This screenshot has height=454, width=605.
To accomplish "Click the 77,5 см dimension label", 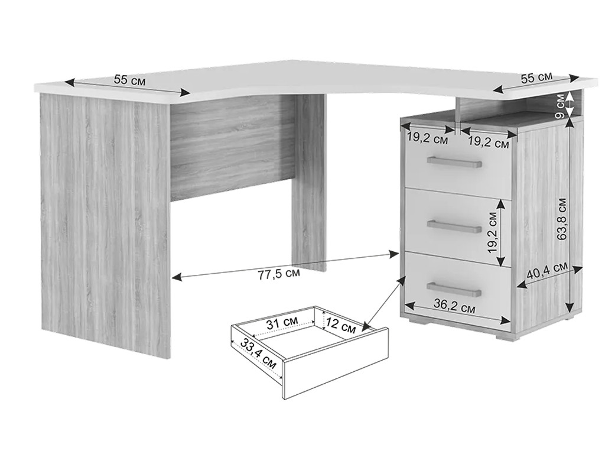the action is pos(278,274).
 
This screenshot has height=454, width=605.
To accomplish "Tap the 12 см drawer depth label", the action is pos(339,326).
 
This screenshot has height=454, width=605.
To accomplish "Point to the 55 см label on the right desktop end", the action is pos(536,77).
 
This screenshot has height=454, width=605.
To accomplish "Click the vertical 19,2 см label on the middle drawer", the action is pos(492,232).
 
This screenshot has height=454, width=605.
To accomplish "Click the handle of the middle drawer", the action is pos(454,226).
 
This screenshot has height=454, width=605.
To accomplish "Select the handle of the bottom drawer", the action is pos(454,288).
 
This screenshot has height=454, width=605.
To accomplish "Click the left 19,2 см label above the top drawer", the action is pos(428,139).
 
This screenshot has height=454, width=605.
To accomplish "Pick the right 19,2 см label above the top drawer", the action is pos(489,143).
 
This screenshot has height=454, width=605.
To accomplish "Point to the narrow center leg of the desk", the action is pos(308,181).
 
